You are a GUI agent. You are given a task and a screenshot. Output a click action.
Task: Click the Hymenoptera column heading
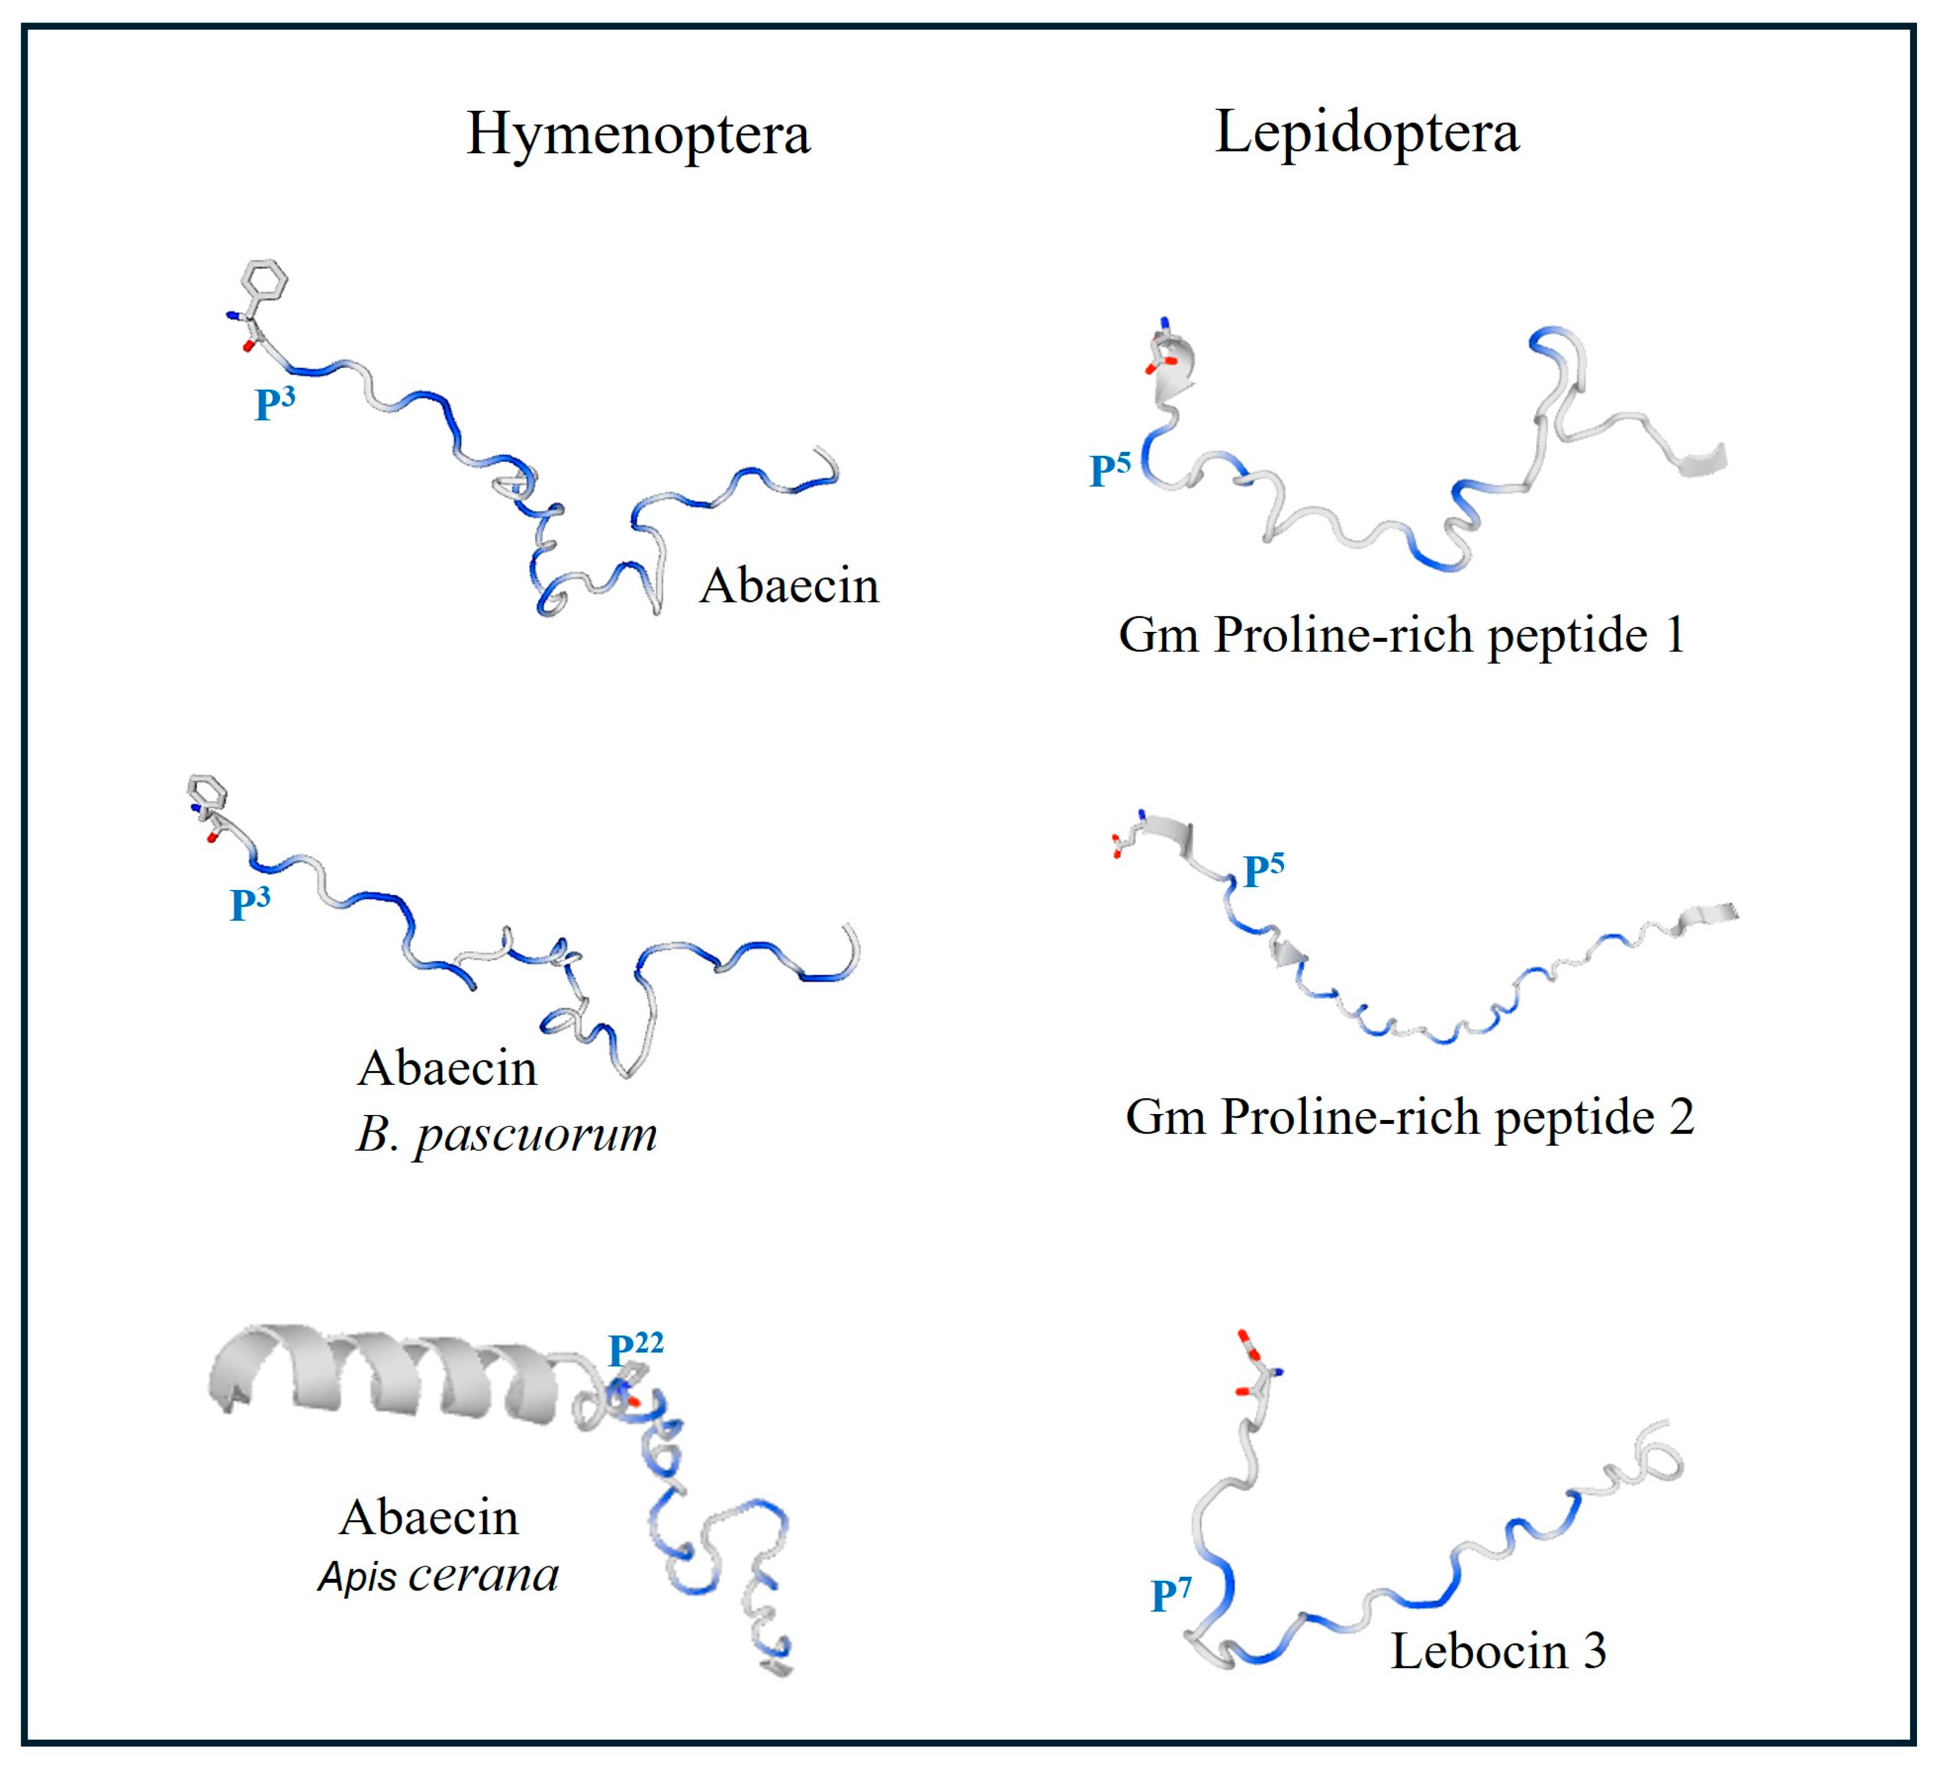638,134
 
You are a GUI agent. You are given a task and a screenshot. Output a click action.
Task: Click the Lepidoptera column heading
1367,132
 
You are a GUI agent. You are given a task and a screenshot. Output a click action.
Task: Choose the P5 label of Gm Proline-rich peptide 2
1263,869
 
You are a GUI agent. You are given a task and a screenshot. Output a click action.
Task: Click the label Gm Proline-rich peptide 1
1401,635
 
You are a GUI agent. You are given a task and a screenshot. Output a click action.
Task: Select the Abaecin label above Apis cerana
429,1517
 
